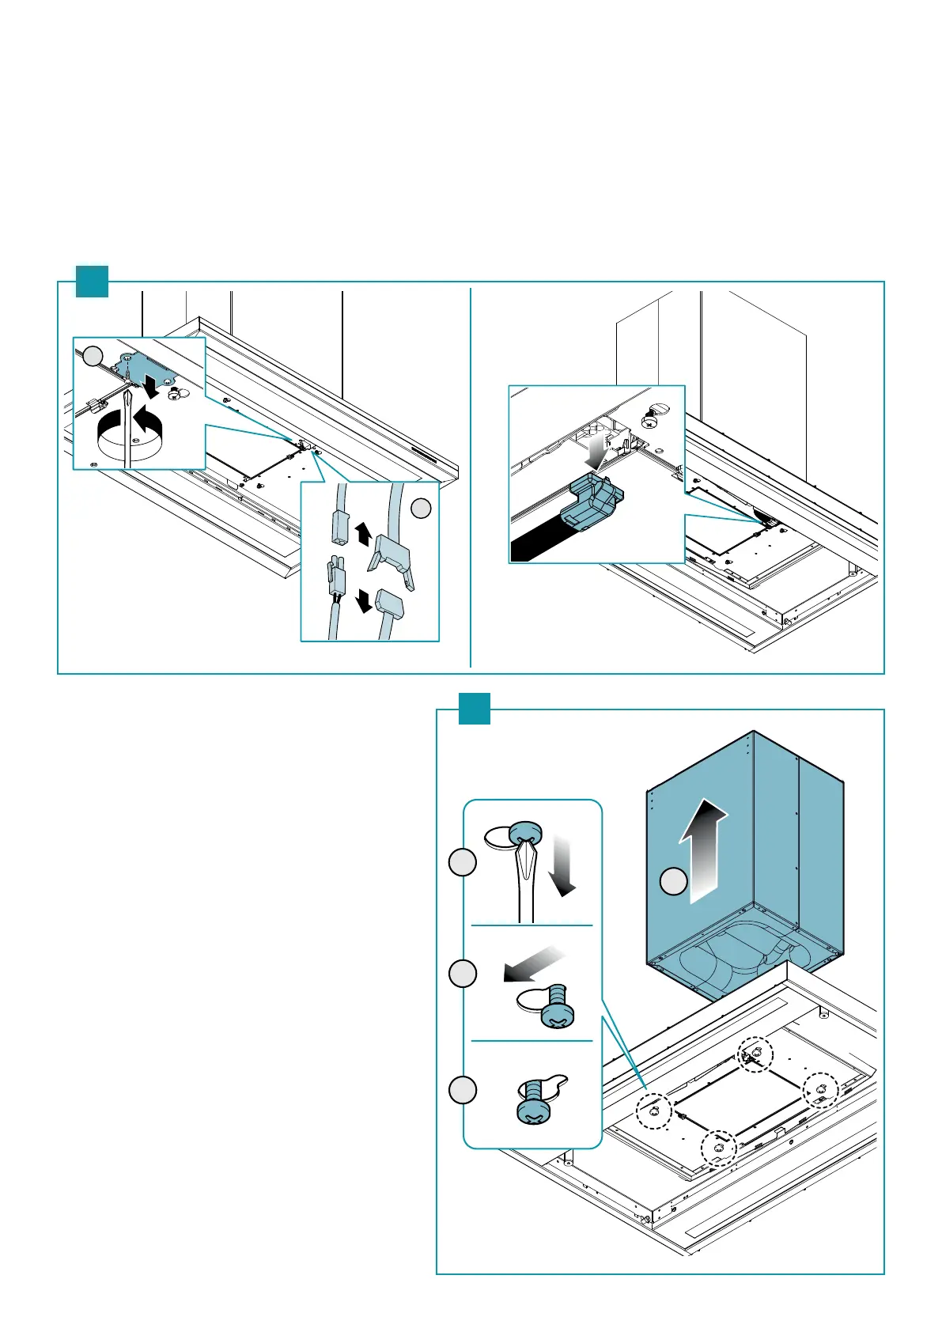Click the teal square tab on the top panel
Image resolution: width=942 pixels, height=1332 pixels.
[x=92, y=281]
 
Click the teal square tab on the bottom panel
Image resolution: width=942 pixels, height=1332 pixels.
[x=475, y=709]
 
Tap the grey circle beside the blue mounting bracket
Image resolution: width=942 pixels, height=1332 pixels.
[x=93, y=357]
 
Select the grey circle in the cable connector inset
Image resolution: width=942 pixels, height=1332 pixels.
[x=422, y=508]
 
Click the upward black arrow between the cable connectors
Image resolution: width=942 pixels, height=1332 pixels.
[x=363, y=533]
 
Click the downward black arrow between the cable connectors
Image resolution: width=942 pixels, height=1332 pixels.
[x=364, y=603]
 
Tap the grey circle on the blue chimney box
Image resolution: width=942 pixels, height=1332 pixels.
[x=673, y=881]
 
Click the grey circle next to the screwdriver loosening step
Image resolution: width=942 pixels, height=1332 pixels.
[x=463, y=862]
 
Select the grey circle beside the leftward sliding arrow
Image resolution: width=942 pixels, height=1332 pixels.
[x=463, y=973]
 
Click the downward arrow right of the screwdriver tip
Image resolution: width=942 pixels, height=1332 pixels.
[x=563, y=867]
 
